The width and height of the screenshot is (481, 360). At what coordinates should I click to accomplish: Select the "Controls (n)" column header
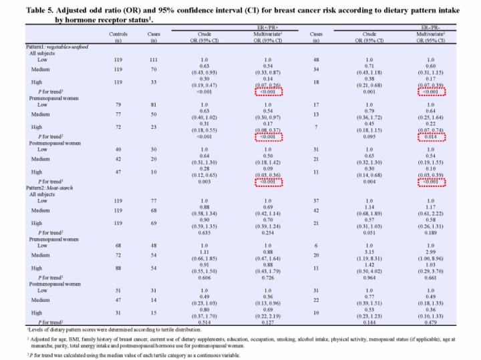(99, 37)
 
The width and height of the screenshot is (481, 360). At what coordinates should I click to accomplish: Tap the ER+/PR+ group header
(269, 27)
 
